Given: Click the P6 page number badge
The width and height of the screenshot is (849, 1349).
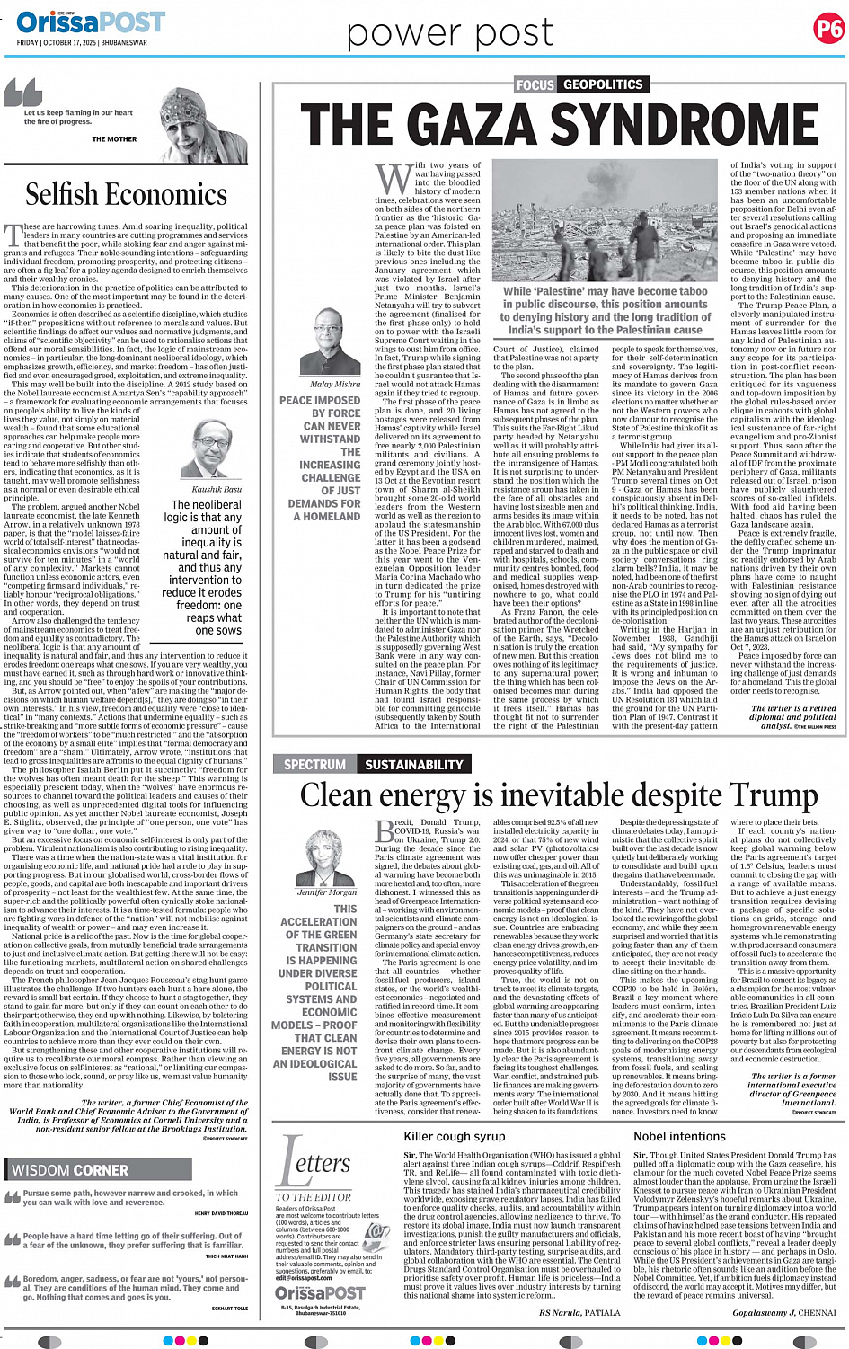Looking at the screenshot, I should pyautogui.click(x=827, y=30).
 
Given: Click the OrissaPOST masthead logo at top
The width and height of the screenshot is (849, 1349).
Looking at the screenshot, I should pyautogui.click(x=90, y=22).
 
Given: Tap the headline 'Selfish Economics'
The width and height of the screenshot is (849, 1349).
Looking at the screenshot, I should pyautogui.click(x=126, y=194).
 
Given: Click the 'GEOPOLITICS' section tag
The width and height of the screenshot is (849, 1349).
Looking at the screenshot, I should pyautogui.click(x=603, y=84).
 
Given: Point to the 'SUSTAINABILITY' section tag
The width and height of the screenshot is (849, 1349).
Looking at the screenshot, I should pyautogui.click(x=413, y=765).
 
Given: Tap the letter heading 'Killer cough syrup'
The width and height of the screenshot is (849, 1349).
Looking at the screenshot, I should pyautogui.click(x=455, y=1136).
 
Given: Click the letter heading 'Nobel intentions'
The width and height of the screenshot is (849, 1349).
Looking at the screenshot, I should pyautogui.click(x=679, y=1136).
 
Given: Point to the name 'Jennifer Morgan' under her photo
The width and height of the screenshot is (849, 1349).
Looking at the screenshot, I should pyautogui.click(x=327, y=892).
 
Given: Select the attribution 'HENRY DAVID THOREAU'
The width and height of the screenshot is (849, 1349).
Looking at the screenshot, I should pyautogui.click(x=221, y=1213).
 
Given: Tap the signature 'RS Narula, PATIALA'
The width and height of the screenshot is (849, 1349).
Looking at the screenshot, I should pyautogui.click(x=579, y=1312).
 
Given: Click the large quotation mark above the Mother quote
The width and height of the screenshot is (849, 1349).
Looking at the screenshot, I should pyautogui.click(x=23, y=91).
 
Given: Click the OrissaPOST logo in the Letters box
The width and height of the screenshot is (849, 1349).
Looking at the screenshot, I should pyautogui.click(x=320, y=1292).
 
